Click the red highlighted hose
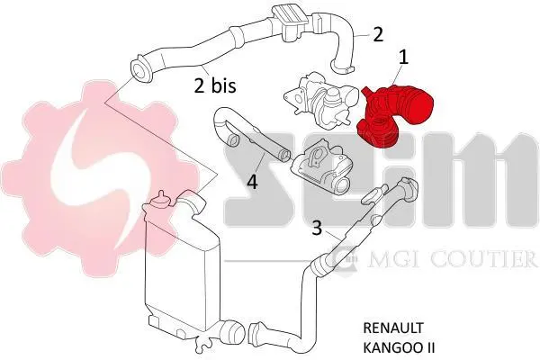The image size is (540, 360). pos(394,115)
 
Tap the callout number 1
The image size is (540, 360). pos(403,58)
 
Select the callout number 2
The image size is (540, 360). pos(378,34)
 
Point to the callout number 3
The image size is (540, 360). pos(317,228)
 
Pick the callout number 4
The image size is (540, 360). pos(252,181)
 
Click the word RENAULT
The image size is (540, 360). pos(393,328)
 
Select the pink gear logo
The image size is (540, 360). pos(100,178)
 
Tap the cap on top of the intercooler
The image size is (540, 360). pos(160,200)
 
